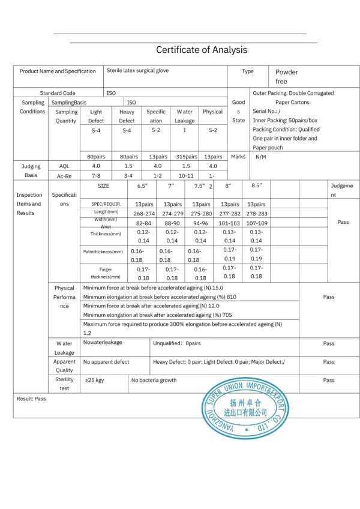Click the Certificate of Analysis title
(x=202, y=50)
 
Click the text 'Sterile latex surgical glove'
(x=137, y=71)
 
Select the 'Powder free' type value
(x=286, y=76)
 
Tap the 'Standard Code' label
(x=58, y=93)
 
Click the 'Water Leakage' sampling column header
(x=185, y=116)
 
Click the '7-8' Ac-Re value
(x=96, y=175)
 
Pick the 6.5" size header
(x=142, y=186)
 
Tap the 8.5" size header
(x=256, y=186)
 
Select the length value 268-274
(x=144, y=213)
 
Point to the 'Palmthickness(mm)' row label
(x=103, y=251)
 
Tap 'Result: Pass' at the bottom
(x=31, y=399)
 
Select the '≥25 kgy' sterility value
(x=94, y=380)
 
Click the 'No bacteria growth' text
(x=154, y=380)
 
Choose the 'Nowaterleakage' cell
(x=103, y=343)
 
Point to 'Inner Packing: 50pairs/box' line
(x=285, y=121)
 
